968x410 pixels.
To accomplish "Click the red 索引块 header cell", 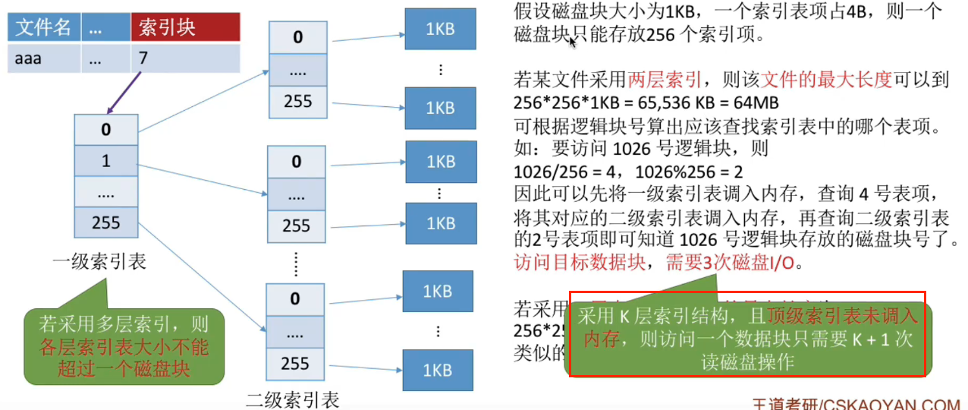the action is click(185, 28).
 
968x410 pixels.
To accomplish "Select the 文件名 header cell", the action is click(43, 28).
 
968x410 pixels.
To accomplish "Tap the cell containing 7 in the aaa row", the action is click(185, 58).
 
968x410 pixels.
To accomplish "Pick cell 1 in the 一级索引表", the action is click(106, 161).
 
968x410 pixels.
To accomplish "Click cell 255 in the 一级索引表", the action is click(106, 222).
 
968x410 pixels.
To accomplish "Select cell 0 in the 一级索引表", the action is click(106, 130).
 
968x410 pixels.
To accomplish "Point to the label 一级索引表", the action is click(99, 263).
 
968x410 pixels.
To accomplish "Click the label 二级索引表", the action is click(293, 399).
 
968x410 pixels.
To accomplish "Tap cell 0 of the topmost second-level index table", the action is click(297, 36).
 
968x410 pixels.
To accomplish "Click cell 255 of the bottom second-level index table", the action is click(295, 363).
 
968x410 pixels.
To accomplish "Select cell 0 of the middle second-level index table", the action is click(297, 161).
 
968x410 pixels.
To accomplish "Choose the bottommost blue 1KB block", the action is click(437, 370).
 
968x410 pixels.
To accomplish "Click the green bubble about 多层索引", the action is click(124, 345).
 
